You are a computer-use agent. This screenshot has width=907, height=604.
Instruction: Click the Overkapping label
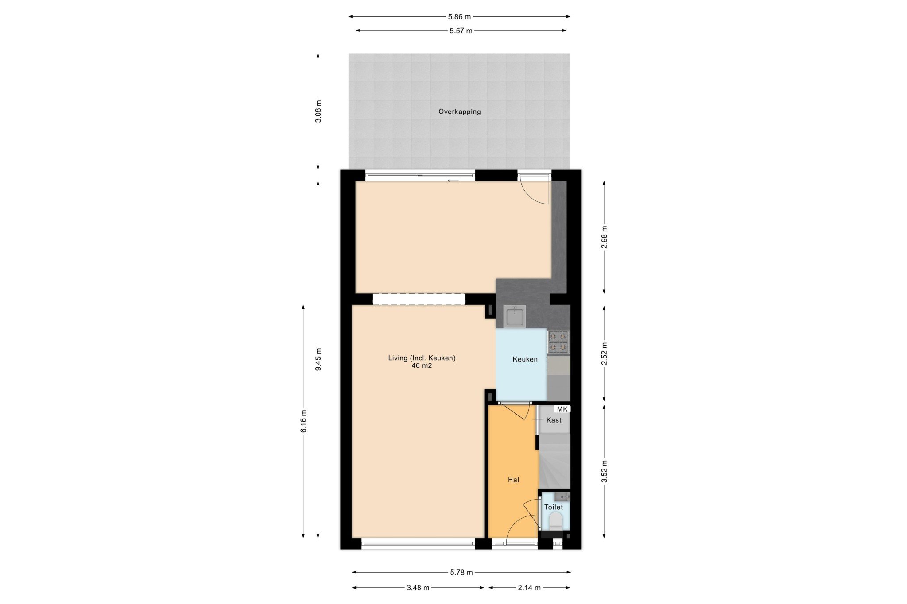[459, 112]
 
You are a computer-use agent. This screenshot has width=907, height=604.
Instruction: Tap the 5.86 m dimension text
[459, 17]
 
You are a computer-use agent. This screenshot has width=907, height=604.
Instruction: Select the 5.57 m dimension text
[461, 31]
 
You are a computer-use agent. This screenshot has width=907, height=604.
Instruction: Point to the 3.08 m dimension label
[318, 112]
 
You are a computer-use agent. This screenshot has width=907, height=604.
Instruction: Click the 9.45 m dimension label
[318, 360]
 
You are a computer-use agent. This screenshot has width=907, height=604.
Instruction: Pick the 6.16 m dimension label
[303, 421]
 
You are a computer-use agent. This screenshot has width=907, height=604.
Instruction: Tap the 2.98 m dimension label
[604, 237]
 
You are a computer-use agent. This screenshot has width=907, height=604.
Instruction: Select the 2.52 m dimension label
[604, 354]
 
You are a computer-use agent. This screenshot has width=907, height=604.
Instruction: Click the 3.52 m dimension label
[604, 472]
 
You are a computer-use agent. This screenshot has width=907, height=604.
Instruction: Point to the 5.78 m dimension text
[461, 572]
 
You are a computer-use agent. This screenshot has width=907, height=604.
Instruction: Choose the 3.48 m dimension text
[418, 588]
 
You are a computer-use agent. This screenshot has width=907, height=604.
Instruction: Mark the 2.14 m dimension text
[529, 588]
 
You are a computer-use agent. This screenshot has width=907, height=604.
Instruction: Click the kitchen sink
[515, 316]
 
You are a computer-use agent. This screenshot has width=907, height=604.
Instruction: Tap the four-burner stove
[558, 342]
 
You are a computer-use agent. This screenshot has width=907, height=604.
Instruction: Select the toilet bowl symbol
[555, 520]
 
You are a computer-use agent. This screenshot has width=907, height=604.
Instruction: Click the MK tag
[562, 409]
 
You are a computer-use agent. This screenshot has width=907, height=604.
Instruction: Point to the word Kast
[554, 420]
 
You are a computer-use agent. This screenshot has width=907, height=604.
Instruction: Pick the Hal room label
[513, 480]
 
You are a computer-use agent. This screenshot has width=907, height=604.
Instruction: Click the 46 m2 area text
[422, 366]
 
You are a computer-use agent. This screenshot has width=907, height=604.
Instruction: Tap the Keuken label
[525, 359]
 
